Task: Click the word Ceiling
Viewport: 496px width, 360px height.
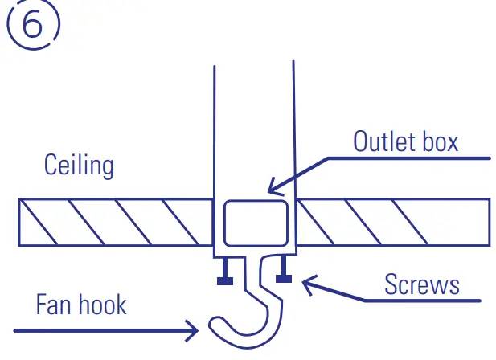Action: (79, 166)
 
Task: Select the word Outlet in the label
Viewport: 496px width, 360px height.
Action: (382, 141)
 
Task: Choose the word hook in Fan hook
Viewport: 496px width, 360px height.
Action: (105, 305)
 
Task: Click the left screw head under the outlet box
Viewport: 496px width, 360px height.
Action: (224, 280)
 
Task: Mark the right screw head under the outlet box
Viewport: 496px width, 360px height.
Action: (282, 279)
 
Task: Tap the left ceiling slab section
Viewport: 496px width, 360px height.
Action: (117, 222)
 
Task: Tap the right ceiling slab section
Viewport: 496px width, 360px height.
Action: (394, 222)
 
